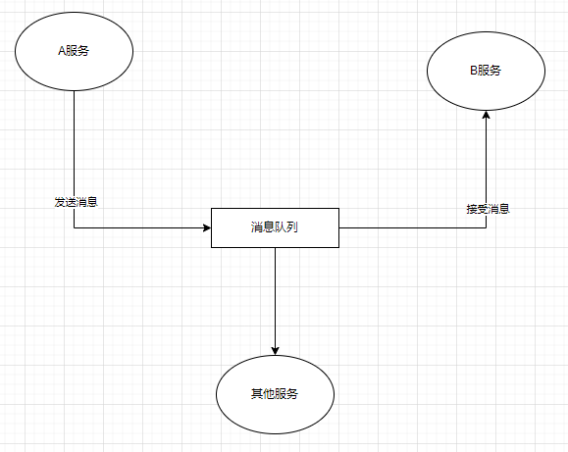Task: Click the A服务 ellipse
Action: [74, 51]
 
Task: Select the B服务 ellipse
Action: [486, 71]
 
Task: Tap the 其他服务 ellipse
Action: [275, 393]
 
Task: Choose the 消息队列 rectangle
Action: [275, 227]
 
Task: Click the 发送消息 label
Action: [76, 202]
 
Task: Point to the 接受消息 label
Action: [487, 209]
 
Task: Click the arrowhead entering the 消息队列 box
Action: [206, 227]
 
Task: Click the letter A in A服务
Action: [61, 52]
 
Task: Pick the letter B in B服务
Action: [473, 71]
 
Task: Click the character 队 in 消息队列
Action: [276, 227]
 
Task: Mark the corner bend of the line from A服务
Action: [74, 227]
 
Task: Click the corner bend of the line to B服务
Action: [486, 227]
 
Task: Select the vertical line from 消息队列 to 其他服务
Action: [275, 294]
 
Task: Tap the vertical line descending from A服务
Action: [74, 147]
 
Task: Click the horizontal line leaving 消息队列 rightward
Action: [412, 227]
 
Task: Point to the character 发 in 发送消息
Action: [60, 202]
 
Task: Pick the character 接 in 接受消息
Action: [471, 209]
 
